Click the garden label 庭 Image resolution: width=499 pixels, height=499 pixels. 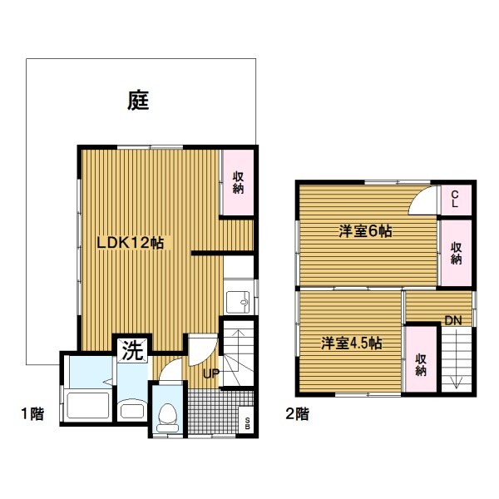(138, 101)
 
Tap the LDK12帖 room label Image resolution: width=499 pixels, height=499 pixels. (131, 243)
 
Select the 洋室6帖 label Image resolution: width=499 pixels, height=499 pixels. (365, 231)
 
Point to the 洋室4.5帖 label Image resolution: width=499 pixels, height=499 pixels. (351, 343)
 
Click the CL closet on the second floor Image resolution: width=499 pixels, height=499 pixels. (456, 200)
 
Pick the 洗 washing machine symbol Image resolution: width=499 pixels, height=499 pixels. (132, 351)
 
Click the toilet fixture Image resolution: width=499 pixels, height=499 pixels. (167, 417)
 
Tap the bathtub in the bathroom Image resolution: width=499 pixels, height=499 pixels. (88, 406)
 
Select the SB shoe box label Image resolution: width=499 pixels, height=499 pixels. (247, 423)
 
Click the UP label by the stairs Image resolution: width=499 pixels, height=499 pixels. (211, 373)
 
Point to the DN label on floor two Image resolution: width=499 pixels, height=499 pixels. (453, 320)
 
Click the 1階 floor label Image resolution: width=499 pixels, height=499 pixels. (32, 413)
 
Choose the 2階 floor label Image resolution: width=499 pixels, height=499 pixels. (297, 413)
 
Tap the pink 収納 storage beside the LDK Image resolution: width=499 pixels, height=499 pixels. (238, 182)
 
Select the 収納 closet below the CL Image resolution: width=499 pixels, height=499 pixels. (456, 253)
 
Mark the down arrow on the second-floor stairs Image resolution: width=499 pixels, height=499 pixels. (456, 359)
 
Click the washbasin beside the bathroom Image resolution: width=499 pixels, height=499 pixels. (132, 410)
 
